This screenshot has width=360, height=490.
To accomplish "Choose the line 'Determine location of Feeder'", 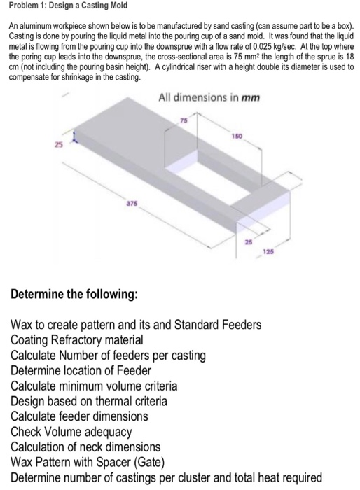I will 81,370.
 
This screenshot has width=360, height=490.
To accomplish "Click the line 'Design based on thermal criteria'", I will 89,401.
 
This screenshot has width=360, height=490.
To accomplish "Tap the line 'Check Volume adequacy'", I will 71,431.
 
